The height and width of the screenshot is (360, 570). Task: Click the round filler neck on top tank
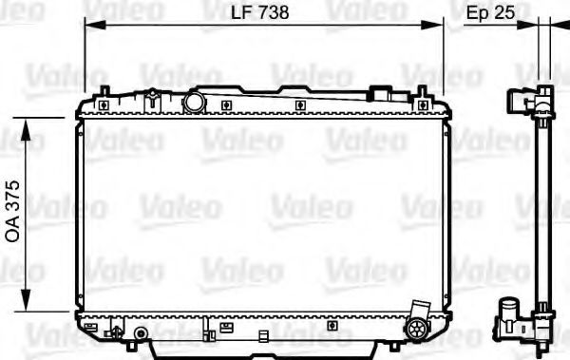pos(195,102)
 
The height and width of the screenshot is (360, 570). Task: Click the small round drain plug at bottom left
pos(140,333)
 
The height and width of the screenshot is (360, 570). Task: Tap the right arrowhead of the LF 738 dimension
pos(438,26)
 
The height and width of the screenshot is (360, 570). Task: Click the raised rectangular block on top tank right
pos(382,94)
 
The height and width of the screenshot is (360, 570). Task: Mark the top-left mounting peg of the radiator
pos(101,92)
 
